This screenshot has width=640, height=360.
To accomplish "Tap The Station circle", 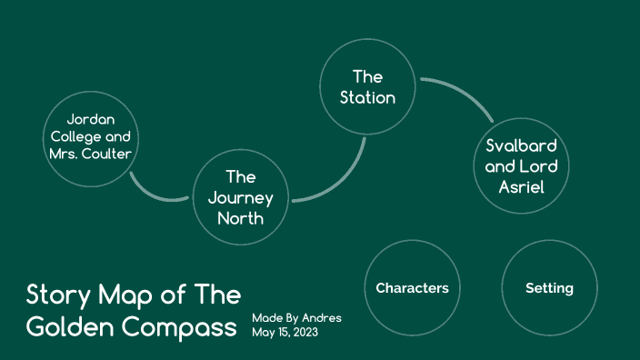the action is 367,86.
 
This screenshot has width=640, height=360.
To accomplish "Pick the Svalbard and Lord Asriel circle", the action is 521,166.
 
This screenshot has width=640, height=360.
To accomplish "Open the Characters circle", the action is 412,288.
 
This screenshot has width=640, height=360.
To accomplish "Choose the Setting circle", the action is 549,288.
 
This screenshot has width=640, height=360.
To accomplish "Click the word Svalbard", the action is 521,145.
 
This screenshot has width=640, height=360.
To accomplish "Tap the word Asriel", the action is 521,187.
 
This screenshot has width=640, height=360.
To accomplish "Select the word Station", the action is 367,97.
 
